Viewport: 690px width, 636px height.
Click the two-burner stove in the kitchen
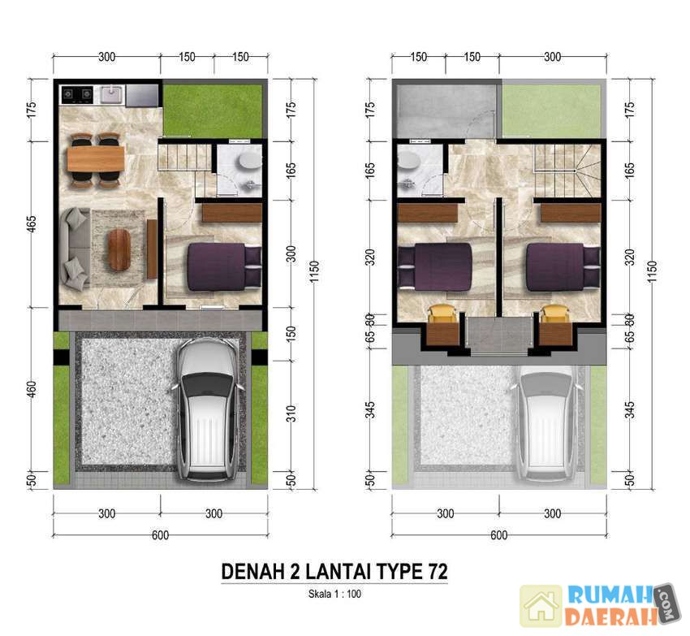[x=77, y=94]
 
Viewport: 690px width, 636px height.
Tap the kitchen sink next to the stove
[x=112, y=94]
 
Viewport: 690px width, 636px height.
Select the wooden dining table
[x=96, y=159]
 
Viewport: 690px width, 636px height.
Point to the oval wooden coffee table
[x=119, y=249]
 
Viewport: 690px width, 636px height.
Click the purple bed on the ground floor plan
[x=224, y=267]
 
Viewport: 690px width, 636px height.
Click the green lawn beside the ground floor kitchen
[x=213, y=110]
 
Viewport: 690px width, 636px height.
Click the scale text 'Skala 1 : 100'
[x=334, y=594]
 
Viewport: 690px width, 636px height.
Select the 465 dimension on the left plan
[x=32, y=225]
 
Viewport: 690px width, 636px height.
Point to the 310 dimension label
[x=291, y=414]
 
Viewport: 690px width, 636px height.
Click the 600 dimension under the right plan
[x=498, y=535]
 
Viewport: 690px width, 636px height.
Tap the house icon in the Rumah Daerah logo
[x=541, y=606]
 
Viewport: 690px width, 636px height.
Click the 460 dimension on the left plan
[x=32, y=389]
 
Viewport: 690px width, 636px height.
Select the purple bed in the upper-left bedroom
[x=435, y=267]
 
